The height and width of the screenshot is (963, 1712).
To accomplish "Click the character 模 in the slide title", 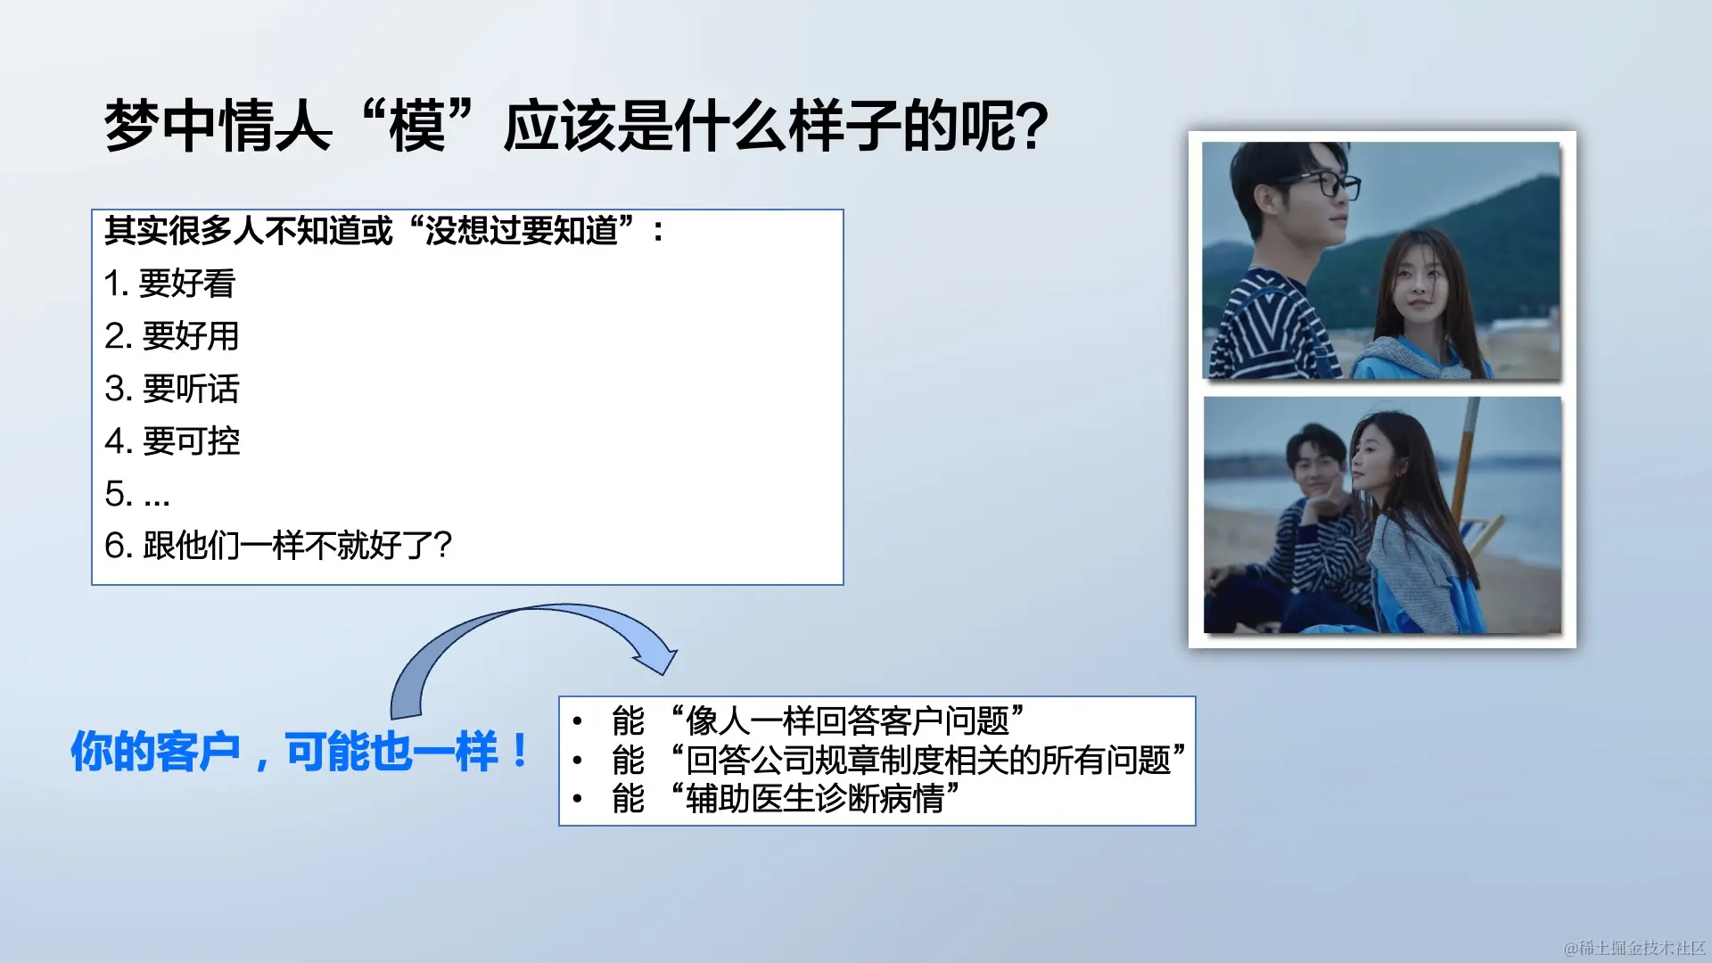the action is point(417,127).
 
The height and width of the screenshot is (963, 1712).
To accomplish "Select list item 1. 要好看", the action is point(169,284).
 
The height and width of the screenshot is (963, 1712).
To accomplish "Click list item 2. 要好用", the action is point(172,336).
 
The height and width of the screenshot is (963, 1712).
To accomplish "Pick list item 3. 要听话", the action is point(172,389).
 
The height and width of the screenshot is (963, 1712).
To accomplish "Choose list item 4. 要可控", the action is point(172,441).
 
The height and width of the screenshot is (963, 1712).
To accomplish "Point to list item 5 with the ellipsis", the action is point(137,494).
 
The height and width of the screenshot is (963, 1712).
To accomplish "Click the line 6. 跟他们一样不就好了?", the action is point(278,546).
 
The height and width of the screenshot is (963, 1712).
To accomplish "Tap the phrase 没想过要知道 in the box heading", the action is point(522,231).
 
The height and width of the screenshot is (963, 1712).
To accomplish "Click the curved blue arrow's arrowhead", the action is point(658,656).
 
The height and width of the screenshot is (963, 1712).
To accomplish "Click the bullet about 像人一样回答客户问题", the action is point(817,720).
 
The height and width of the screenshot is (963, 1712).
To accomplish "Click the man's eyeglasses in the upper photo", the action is point(1321,185).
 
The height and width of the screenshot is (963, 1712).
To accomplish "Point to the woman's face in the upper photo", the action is point(1418,284).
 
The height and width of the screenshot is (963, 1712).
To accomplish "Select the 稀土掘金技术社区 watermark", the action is point(1634,948).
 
